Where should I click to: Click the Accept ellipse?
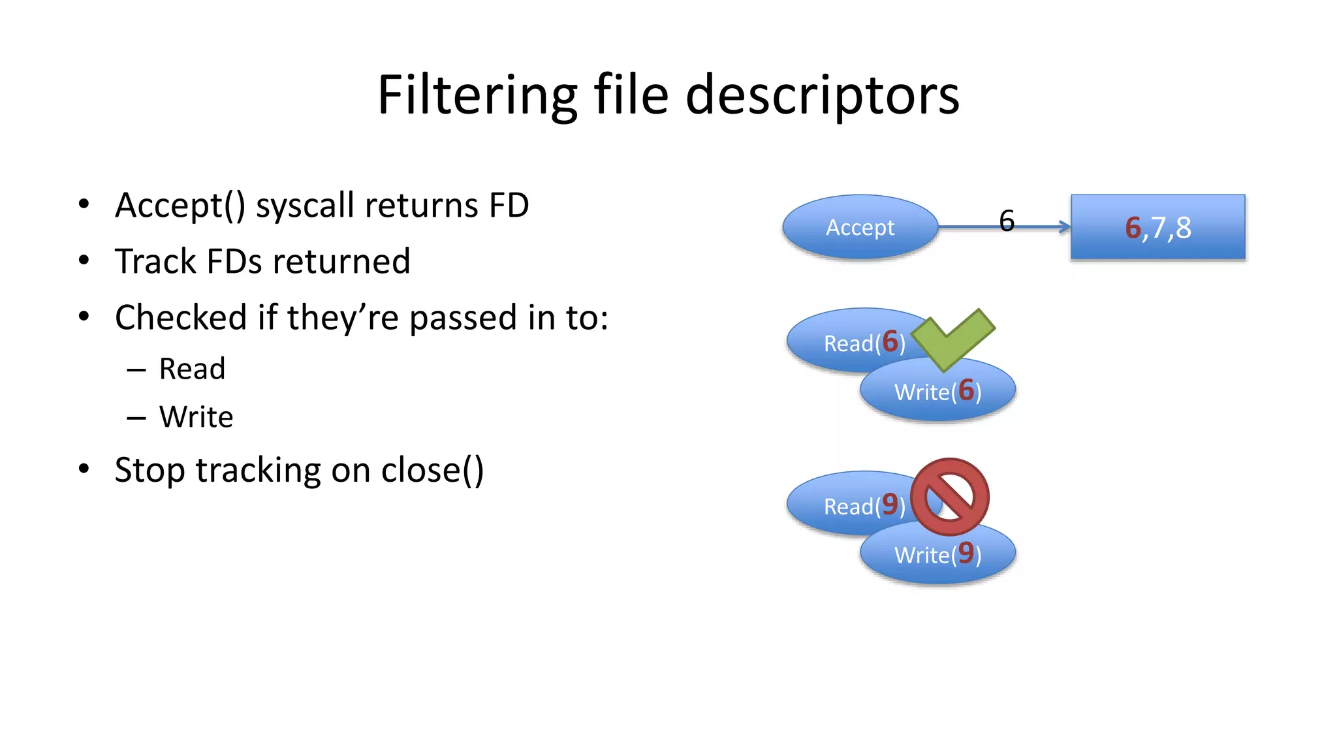click(x=860, y=227)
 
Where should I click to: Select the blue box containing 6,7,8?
click(x=1157, y=227)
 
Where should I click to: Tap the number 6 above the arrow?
click(x=1007, y=221)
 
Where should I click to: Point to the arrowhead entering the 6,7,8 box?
click(x=1065, y=227)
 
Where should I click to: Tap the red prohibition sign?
click(x=950, y=497)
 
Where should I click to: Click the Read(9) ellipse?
click(x=842, y=505)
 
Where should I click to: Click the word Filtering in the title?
click(x=477, y=95)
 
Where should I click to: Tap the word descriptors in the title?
click(x=822, y=95)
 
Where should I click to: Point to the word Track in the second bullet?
click(x=155, y=261)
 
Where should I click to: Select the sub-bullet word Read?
click(x=192, y=369)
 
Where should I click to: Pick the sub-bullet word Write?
click(x=196, y=416)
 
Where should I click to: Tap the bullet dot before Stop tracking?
click(x=84, y=469)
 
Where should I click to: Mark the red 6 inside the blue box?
click(x=1133, y=228)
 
